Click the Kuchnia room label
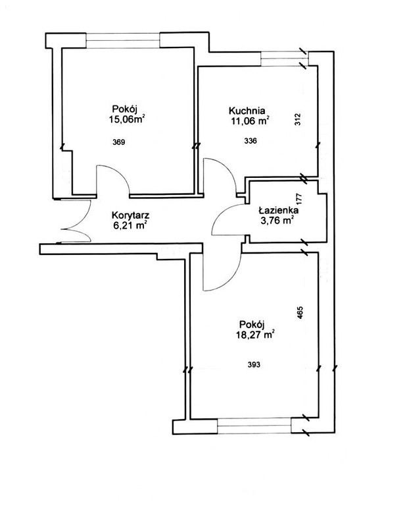click(247, 111)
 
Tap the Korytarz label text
click(130, 215)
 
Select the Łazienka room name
click(279, 210)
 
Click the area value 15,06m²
click(126, 120)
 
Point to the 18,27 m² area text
click(256, 335)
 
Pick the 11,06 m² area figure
click(249, 121)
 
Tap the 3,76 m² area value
click(278, 221)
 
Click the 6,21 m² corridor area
click(130, 225)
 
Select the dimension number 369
click(119, 142)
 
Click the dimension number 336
click(250, 141)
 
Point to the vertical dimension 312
click(298, 119)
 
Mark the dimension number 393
click(254, 364)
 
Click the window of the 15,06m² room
click(123, 40)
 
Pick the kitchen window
click(284, 59)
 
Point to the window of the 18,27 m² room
click(254, 426)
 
